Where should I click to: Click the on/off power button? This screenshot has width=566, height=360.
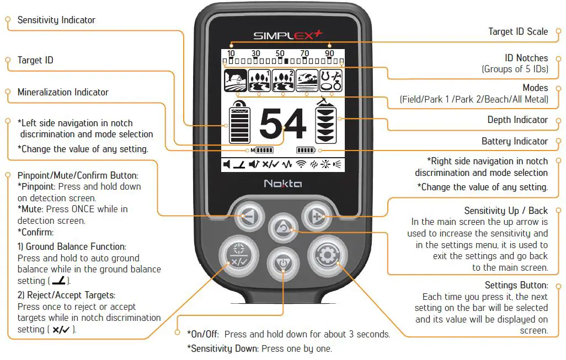point(282,264)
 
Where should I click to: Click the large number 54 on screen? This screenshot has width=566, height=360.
point(282,124)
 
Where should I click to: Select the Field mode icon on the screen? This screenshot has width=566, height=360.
point(234,81)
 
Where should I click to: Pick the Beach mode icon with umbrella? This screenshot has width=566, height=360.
point(307,81)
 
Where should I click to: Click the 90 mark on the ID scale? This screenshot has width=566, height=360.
point(329,53)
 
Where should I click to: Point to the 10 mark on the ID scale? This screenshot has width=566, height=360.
point(231,53)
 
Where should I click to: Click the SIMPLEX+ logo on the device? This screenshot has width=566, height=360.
point(287,36)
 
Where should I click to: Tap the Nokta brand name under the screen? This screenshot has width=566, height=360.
point(282,184)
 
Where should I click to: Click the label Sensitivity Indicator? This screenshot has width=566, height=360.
point(56,20)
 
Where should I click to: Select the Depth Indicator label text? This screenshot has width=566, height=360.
point(517,120)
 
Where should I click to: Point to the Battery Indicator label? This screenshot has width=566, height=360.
point(515,141)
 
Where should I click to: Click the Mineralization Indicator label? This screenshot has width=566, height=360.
point(63,92)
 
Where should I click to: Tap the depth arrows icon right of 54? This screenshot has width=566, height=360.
point(325,124)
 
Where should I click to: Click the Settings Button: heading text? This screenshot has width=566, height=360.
point(516,285)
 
